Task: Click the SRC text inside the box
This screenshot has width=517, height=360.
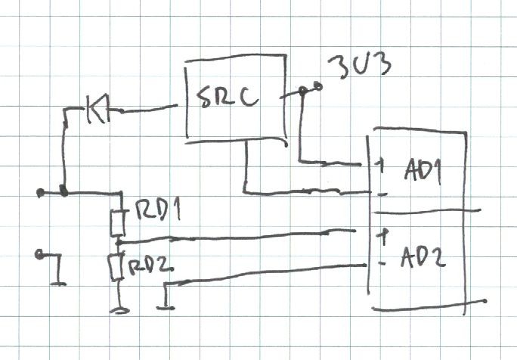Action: (228, 98)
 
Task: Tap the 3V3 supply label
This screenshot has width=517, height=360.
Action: (360, 67)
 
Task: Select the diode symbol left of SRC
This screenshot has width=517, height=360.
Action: (98, 109)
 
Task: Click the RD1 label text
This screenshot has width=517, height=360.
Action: (158, 209)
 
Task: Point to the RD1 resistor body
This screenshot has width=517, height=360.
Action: (117, 224)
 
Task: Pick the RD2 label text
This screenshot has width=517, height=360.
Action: (150, 266)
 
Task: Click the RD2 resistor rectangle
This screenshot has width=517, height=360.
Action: (116, 268)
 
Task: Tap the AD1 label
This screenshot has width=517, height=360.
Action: (423, 172)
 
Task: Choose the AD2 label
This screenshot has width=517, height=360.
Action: (423, 256)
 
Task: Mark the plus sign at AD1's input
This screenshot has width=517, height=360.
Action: (381, 165)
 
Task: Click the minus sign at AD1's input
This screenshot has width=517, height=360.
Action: (382, 195)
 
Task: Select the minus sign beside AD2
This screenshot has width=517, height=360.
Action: (382, 263)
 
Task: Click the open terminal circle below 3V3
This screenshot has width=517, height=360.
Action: (318, 87)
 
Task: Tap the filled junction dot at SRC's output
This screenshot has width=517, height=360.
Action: (302, 90)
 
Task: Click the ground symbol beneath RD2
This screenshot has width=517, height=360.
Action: (119, 310)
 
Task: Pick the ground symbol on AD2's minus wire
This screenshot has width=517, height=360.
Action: (166, 308)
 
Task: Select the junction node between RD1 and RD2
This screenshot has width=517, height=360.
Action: (119, 244)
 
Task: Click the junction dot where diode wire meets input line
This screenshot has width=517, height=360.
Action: (63, 191)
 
